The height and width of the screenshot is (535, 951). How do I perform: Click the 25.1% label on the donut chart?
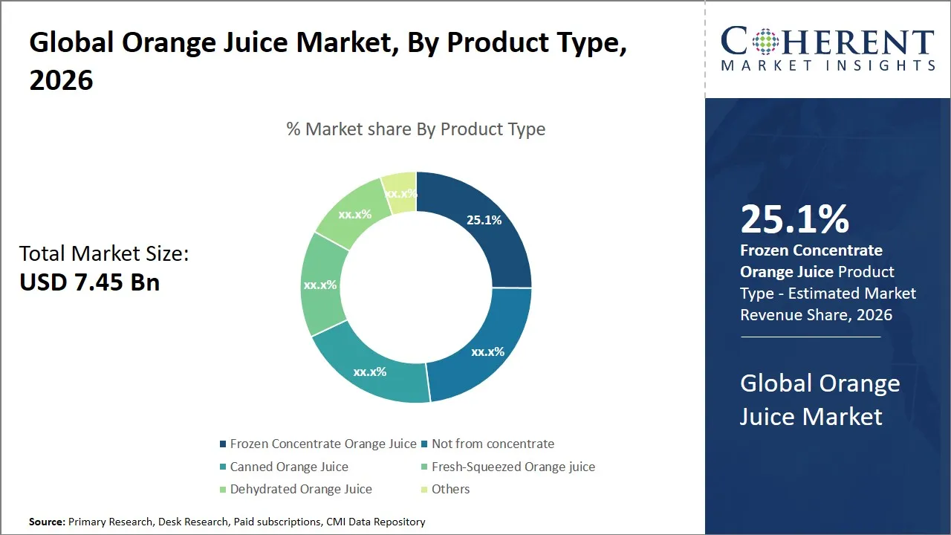pos(484,220)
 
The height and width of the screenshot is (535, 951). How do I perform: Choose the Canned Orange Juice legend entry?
pos(288,467)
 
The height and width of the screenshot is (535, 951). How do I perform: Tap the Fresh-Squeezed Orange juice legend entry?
pos(513,467)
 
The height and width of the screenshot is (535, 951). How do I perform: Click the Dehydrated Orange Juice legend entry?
pos(300,489)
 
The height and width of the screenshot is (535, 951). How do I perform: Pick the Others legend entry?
pos(450,489)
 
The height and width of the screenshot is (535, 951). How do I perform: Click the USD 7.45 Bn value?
pos(89,282)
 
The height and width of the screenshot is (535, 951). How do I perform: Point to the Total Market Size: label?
pos(104,253)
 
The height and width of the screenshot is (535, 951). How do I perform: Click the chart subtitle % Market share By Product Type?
pos(416,129)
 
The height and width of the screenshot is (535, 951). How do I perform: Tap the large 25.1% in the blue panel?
pos(794,219)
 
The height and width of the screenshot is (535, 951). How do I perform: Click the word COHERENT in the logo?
pos(828,42)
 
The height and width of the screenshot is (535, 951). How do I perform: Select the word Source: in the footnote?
pos(47,522)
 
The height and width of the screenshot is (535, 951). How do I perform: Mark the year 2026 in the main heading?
pos(61,80)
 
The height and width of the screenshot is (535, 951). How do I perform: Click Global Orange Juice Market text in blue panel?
pos(819,400)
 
